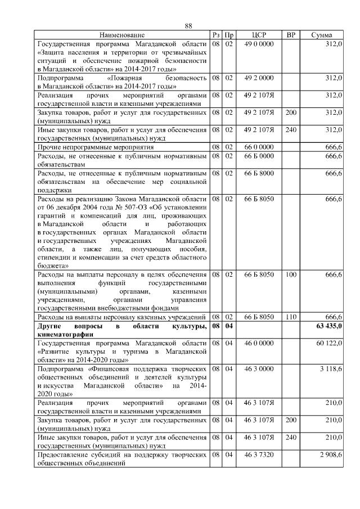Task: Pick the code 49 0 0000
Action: [x=259, y=44]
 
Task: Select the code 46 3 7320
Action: [x=259, y=453]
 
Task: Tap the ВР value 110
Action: [x=291, y=317]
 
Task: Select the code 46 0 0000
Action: [x=259, y=343]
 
